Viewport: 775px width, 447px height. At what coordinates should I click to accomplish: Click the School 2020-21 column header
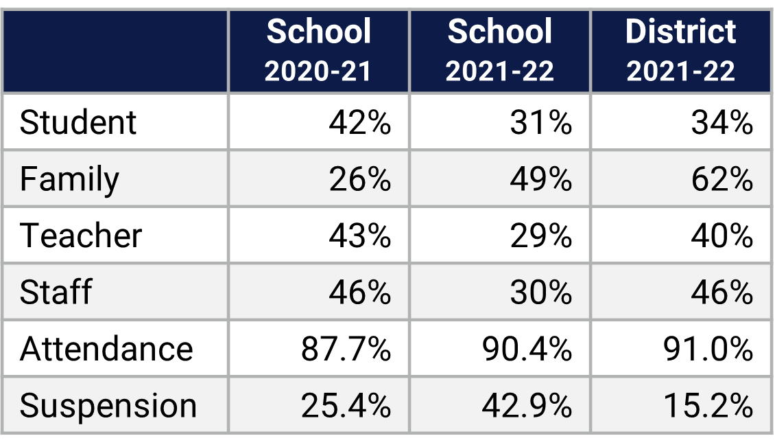(318, 51)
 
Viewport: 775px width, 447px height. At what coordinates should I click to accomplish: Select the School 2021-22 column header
(499, 51)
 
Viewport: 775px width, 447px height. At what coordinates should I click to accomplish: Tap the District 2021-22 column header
(680, 51)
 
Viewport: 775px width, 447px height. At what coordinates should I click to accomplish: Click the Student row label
(78, 123)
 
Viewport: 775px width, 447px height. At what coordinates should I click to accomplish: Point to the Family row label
(69, 179)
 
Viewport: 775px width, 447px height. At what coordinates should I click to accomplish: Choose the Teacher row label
(81, 236)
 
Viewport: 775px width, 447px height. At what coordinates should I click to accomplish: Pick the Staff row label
(56, 292)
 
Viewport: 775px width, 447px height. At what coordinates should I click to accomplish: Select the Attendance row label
(106, 349)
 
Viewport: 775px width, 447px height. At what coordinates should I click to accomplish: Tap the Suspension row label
(108, 406)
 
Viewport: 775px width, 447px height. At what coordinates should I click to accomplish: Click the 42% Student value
(359, 123)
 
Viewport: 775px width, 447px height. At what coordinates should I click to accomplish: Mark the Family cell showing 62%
(722, 179)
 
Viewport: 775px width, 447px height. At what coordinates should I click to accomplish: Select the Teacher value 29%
(540, 236)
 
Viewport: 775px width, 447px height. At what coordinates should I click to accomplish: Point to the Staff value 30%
(540, 292)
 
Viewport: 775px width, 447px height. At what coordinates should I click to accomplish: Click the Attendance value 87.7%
(346, 349)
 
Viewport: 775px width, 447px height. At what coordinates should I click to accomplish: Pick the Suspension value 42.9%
(527, 406)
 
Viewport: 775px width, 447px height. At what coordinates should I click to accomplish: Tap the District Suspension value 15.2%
(708, 406)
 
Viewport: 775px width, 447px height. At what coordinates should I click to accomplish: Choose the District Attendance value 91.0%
(708, 349)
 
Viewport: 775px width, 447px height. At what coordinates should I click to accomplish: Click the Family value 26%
(359, 179)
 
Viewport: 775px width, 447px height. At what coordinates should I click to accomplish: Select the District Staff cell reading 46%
(722, 292)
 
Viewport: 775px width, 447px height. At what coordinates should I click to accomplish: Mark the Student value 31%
(540, 123)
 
